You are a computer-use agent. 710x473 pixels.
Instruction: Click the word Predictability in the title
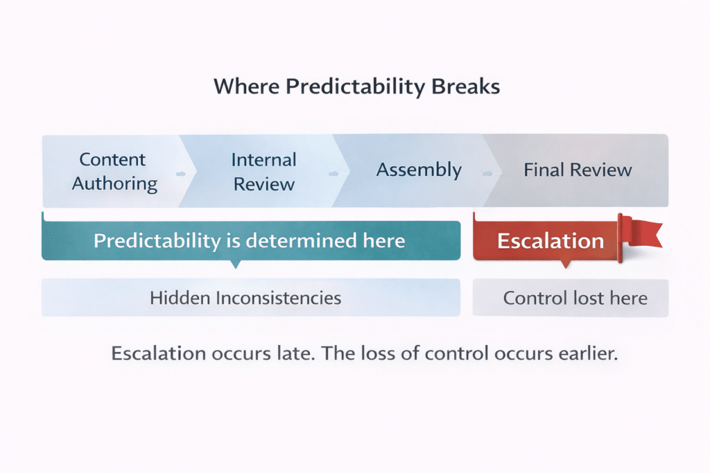[x=354, y=87]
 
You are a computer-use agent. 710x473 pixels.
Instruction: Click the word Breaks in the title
[x=465, y=86]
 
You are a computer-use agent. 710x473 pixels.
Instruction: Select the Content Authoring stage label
[x=114, y=172]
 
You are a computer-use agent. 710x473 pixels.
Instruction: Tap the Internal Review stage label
[x=264, y=172]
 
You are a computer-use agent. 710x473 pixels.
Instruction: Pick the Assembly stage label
[x=419, y=170]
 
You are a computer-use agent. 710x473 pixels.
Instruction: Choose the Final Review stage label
[x=578, y=170]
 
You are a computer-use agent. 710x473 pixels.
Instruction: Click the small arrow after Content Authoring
[x=181, y=174]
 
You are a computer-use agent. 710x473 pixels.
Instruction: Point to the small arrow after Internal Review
[x=334, y=174]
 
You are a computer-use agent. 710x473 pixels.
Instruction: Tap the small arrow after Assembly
[x=487, y=174]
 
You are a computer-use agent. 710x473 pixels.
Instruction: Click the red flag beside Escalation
[x=639, y=235]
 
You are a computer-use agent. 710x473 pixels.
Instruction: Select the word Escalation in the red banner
[x=551, y=241]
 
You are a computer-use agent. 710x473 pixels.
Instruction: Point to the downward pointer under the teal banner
[x=236, y=264]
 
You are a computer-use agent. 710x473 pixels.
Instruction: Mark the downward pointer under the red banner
[x=565, y=264]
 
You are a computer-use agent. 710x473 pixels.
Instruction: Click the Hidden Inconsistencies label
[x=245, y=298]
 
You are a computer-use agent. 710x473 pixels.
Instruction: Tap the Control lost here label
[x=575, y=298]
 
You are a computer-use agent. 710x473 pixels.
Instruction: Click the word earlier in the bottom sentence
[x=588, y=353]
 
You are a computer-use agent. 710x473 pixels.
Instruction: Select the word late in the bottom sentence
[x=295, y=353]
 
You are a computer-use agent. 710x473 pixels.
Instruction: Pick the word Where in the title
[x=247, y=86]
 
